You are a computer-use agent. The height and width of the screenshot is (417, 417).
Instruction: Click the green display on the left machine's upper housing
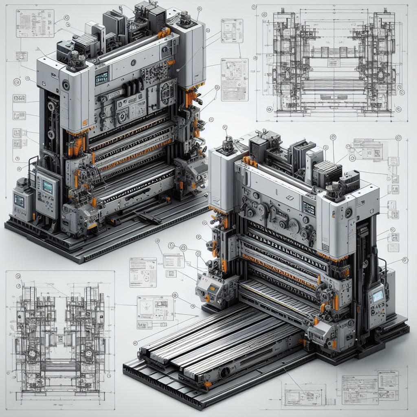101,77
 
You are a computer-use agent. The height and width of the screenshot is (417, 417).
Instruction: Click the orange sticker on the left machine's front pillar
85,122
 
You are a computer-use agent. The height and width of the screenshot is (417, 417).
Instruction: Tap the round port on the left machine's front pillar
66,85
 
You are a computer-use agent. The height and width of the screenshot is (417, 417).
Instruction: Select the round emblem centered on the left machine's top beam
133,63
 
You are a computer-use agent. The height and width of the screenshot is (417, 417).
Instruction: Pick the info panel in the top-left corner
29,24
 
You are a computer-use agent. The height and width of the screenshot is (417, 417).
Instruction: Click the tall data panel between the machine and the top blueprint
235,79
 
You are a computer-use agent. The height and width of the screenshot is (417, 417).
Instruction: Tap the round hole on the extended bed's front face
224,371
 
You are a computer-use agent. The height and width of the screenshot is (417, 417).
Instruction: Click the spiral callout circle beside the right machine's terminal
404,260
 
